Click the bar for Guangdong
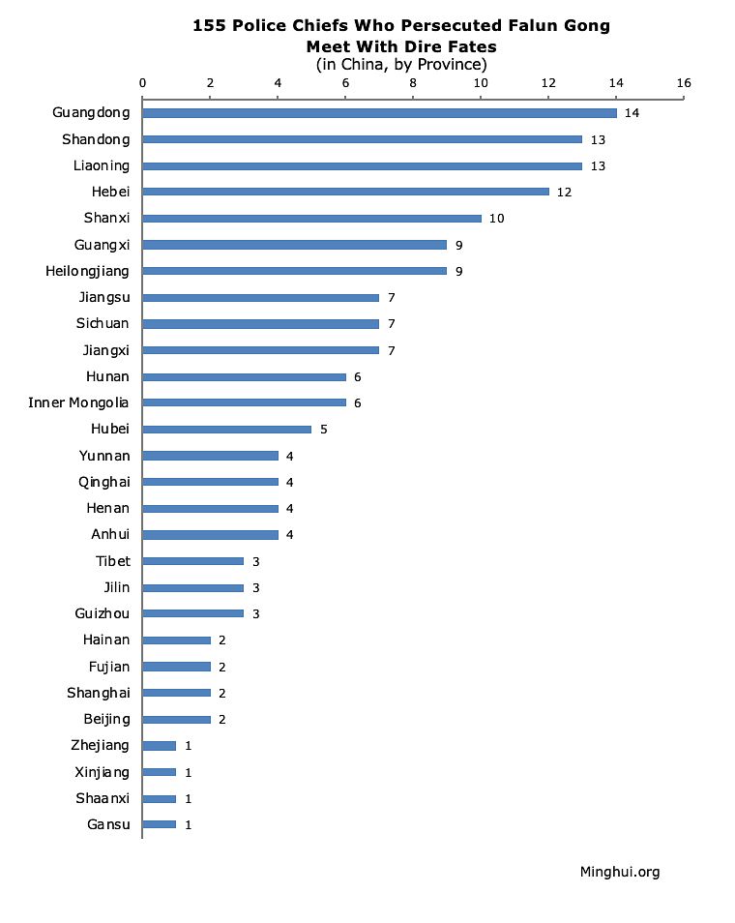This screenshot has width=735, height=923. click(x=379, y=113)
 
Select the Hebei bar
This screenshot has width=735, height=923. click(x=345, y=192)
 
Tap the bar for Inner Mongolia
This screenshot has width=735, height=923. click(x=244, y=402)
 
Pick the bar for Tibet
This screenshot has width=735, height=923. click(x=193, y=561)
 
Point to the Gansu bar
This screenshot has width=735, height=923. click(x=160, y=824)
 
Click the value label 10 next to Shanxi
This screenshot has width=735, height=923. click(x=496, y=219)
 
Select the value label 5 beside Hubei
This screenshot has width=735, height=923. click(x=323, y=430)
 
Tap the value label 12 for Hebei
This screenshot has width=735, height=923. click(x=564, y=193)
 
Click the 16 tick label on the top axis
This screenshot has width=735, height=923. click(x=684, y=83)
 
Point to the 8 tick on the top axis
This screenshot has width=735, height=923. click(x=413, y=83)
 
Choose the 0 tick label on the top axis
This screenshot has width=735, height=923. click(x=143, y=83)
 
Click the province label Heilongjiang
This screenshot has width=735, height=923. click(x=87, y=271)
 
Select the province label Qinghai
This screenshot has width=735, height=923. click(x=103, y=482)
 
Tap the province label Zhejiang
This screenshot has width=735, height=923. click(x=101, y=745)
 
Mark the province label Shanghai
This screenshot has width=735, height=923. click(x=98, y=693)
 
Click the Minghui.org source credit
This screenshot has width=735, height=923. click(x=619, y=872)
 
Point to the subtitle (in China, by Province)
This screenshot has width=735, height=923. click(x=400, y=65)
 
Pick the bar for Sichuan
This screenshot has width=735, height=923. click(x=261, y=323)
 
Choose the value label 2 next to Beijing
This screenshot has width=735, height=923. click(x=222, y=719)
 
